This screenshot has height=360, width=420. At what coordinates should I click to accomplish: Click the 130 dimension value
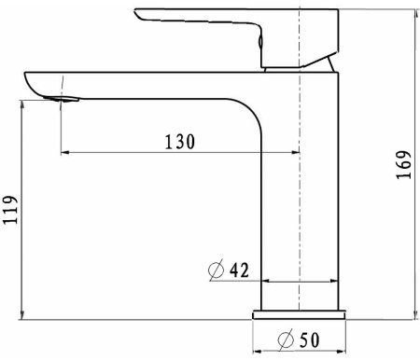(x=180, y=142)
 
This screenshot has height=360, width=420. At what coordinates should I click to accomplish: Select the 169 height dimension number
(x=404, y=165)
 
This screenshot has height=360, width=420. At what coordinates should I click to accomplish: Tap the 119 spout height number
(x=10, y=210)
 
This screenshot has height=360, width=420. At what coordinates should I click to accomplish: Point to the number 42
(x=239, y=270)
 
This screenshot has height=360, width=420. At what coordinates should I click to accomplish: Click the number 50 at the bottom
(x=309, y=339)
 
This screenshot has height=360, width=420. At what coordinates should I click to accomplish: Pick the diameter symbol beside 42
(x=216, y=270)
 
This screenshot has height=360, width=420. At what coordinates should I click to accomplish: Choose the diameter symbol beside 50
(x=286, y=339)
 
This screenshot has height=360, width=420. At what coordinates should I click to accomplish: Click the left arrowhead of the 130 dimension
(x=64, y=152)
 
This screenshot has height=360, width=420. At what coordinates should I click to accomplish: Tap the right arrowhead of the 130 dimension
(x=295, y=152)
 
